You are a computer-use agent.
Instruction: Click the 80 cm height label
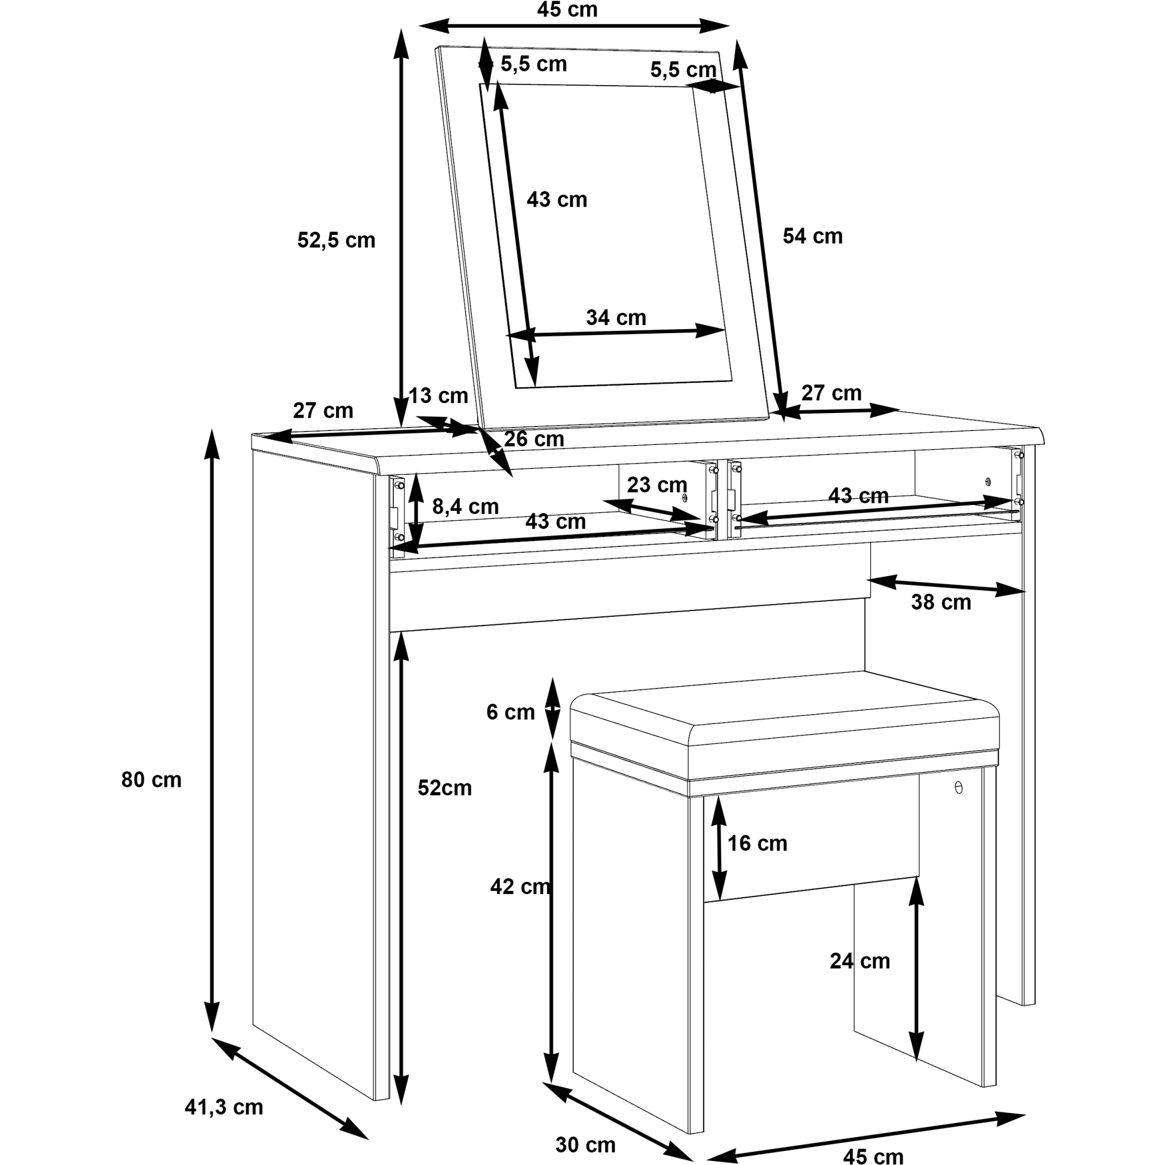(x=151, y=780)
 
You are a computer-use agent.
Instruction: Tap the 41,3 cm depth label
(x=224, y=1107)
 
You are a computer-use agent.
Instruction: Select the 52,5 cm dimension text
(x=336, y=240)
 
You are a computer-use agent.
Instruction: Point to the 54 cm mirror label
(x=812, y=236)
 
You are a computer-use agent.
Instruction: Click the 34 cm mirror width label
(x=616, y=317)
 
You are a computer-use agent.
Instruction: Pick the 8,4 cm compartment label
(x=465, y=507)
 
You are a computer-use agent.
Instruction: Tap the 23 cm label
(x=656, y=484)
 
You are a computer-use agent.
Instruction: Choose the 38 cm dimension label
(x=941, y=602)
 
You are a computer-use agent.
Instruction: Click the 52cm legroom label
(x=444, y=788)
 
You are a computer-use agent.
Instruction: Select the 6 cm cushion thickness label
(x=510, y=712)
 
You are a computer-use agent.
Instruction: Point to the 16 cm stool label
(x=757, y=843)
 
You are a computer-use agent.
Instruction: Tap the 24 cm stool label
(x=859, y=961)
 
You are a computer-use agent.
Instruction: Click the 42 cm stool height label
(x=520, y=887)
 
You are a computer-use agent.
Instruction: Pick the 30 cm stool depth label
(x=585, y=1145)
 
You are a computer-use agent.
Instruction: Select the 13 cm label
(x=439, y=396)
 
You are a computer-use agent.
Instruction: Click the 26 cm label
(x=534, y=439)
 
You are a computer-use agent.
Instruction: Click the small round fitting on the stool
(x=959, y=788)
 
